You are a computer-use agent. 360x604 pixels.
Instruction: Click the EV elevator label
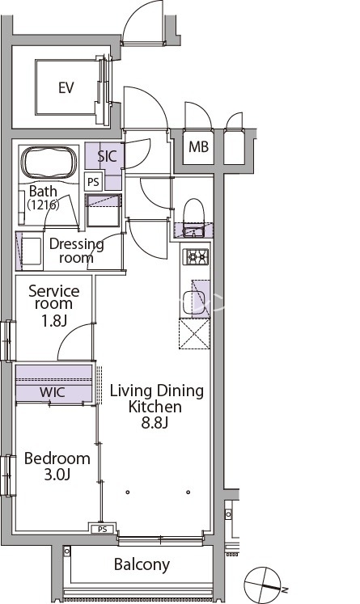66,88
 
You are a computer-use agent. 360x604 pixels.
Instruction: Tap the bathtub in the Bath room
49,163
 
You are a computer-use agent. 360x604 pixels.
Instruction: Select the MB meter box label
198,147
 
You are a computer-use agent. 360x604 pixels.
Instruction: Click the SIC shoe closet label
107,156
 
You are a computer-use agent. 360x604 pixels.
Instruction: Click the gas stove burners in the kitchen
196,256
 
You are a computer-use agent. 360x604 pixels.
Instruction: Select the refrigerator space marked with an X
194,334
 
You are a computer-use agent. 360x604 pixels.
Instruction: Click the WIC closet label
53,392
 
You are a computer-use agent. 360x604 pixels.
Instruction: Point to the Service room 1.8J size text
54,320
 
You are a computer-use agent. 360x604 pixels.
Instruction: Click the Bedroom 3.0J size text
57,475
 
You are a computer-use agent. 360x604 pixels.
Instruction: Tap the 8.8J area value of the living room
155,423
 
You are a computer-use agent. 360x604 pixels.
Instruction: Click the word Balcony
142,564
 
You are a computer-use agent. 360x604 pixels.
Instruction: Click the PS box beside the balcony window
102,529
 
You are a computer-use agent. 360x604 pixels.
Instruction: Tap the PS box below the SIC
93,181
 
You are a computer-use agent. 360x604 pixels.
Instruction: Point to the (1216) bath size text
43,205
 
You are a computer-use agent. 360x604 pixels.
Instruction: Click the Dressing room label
76,251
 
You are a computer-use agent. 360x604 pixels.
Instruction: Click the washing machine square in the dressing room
31,251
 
